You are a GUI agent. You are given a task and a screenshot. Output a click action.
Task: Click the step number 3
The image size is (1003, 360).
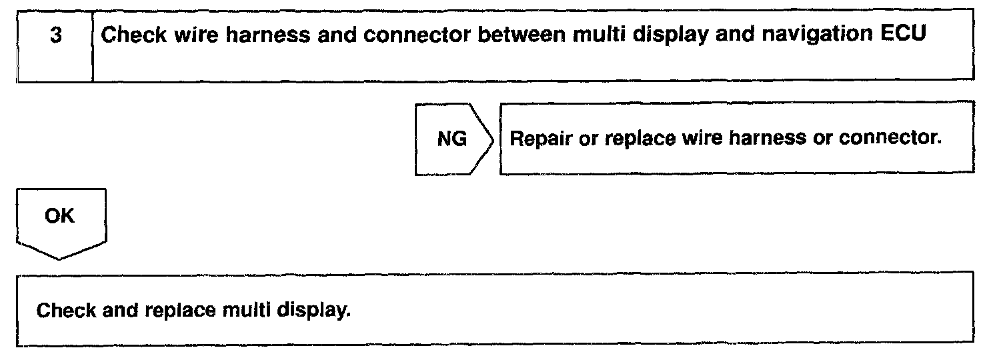coord(55,36)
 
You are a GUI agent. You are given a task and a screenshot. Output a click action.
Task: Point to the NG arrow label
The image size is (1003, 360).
coord(451,141)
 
